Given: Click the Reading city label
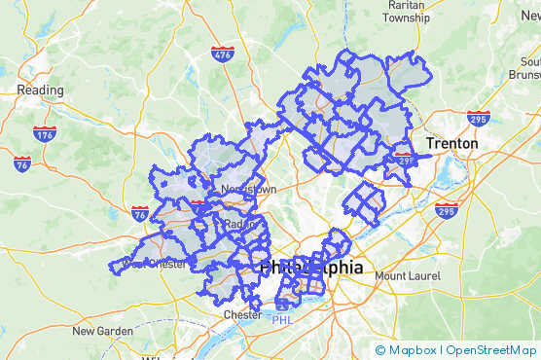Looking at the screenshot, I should (x=40, y=90).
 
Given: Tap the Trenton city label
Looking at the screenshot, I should (x=452, y=143).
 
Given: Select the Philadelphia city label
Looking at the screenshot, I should (x=310, y=267).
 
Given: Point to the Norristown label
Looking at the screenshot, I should (x=249, y=189).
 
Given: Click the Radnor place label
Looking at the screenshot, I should (x=238, y=225).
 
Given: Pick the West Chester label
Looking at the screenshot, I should (x=154, y=264).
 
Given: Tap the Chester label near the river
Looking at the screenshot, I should (x=242, y=315).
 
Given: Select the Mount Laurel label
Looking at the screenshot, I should (x=408, y=276).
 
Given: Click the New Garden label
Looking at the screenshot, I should (x=102, y=331).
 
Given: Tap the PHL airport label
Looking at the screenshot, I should (x=282, y=319).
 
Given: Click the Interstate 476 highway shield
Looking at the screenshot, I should (x=223, y=54).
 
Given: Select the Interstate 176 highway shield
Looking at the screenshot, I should (x=44, y=133).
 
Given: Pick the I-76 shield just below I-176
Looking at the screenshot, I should (x=22, y=163).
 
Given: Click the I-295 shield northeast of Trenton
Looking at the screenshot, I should (x=477, y=119).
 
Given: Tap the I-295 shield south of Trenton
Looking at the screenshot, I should (x=447, y=210).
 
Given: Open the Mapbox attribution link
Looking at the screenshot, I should (x=414, y=350).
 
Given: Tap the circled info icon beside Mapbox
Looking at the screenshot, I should (x=380, y=350).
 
